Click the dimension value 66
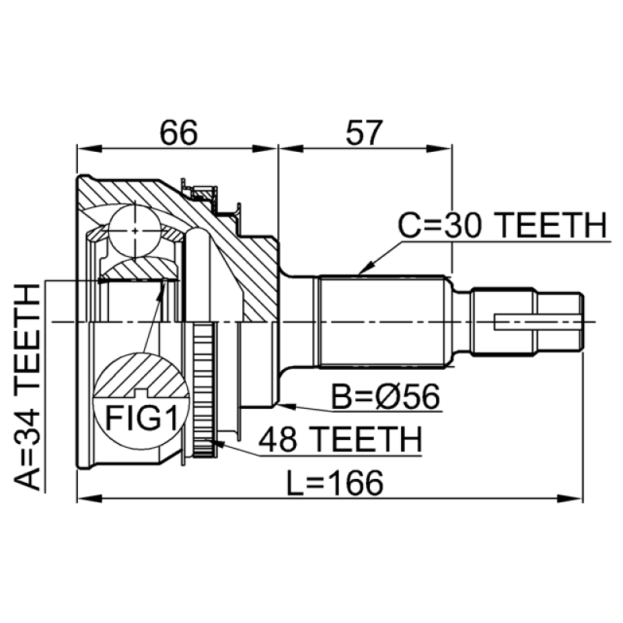pos(178,132)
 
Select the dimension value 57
pos(364,132)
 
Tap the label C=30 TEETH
pos(502,225)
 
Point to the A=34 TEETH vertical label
pos(27,386)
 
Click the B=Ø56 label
pos(385,396)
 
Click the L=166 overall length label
pos(335,483)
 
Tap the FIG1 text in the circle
pos(142,417)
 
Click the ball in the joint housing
pos(135,231)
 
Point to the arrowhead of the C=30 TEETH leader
pos(364,269)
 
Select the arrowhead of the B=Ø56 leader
pos(287,406)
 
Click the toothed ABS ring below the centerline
pos(205,390)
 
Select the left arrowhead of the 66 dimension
pos(89,149)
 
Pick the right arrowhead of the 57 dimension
pos(439,149)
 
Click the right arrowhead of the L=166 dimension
pos(571,498)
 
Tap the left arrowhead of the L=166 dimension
pos(90,498)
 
